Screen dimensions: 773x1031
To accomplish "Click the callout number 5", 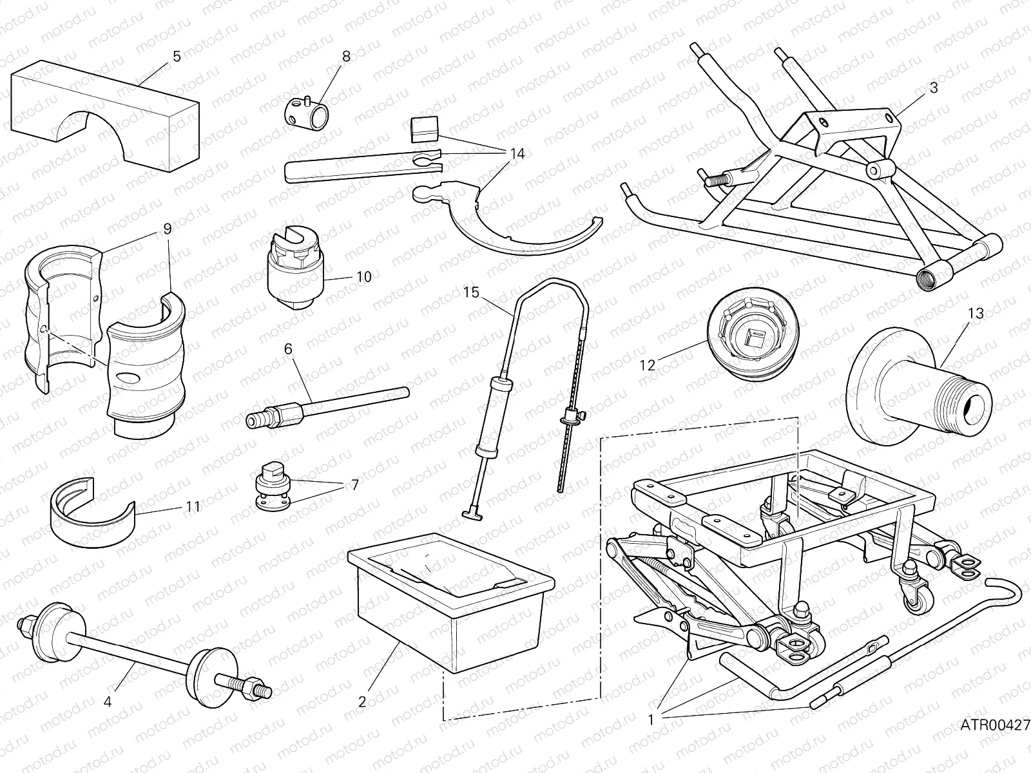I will point(177,56).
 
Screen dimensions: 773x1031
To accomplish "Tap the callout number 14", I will point(516,154).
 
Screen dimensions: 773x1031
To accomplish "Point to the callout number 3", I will point(934,88).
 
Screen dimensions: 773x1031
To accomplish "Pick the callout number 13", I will point(976,314).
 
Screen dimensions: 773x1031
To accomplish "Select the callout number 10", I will point(364,277).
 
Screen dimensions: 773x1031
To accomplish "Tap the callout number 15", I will point(471,292).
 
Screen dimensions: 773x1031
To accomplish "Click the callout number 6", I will point(287,348).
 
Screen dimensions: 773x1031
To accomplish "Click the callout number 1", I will point(651,720).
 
